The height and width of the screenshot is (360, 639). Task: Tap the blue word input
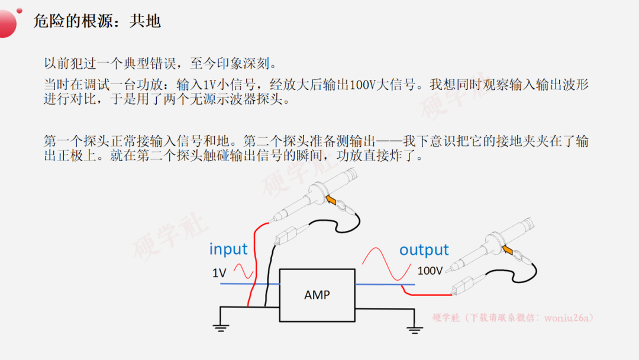228,249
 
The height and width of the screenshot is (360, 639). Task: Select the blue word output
424,249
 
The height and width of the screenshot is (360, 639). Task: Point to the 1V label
220,273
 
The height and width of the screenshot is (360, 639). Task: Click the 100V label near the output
430,271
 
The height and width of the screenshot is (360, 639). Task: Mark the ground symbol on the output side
414,330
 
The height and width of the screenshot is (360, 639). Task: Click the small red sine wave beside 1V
243,271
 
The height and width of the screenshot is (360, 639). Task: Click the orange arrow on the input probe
331,200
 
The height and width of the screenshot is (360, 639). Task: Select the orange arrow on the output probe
508,249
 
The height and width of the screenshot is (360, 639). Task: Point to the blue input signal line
250,284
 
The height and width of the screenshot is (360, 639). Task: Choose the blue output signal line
385,284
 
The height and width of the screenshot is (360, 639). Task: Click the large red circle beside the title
7,24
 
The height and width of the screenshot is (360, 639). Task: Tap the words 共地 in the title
145,21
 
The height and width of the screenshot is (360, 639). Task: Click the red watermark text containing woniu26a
512,317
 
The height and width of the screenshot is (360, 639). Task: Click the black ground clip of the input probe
285,236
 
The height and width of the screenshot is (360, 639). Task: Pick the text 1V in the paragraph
209,85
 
